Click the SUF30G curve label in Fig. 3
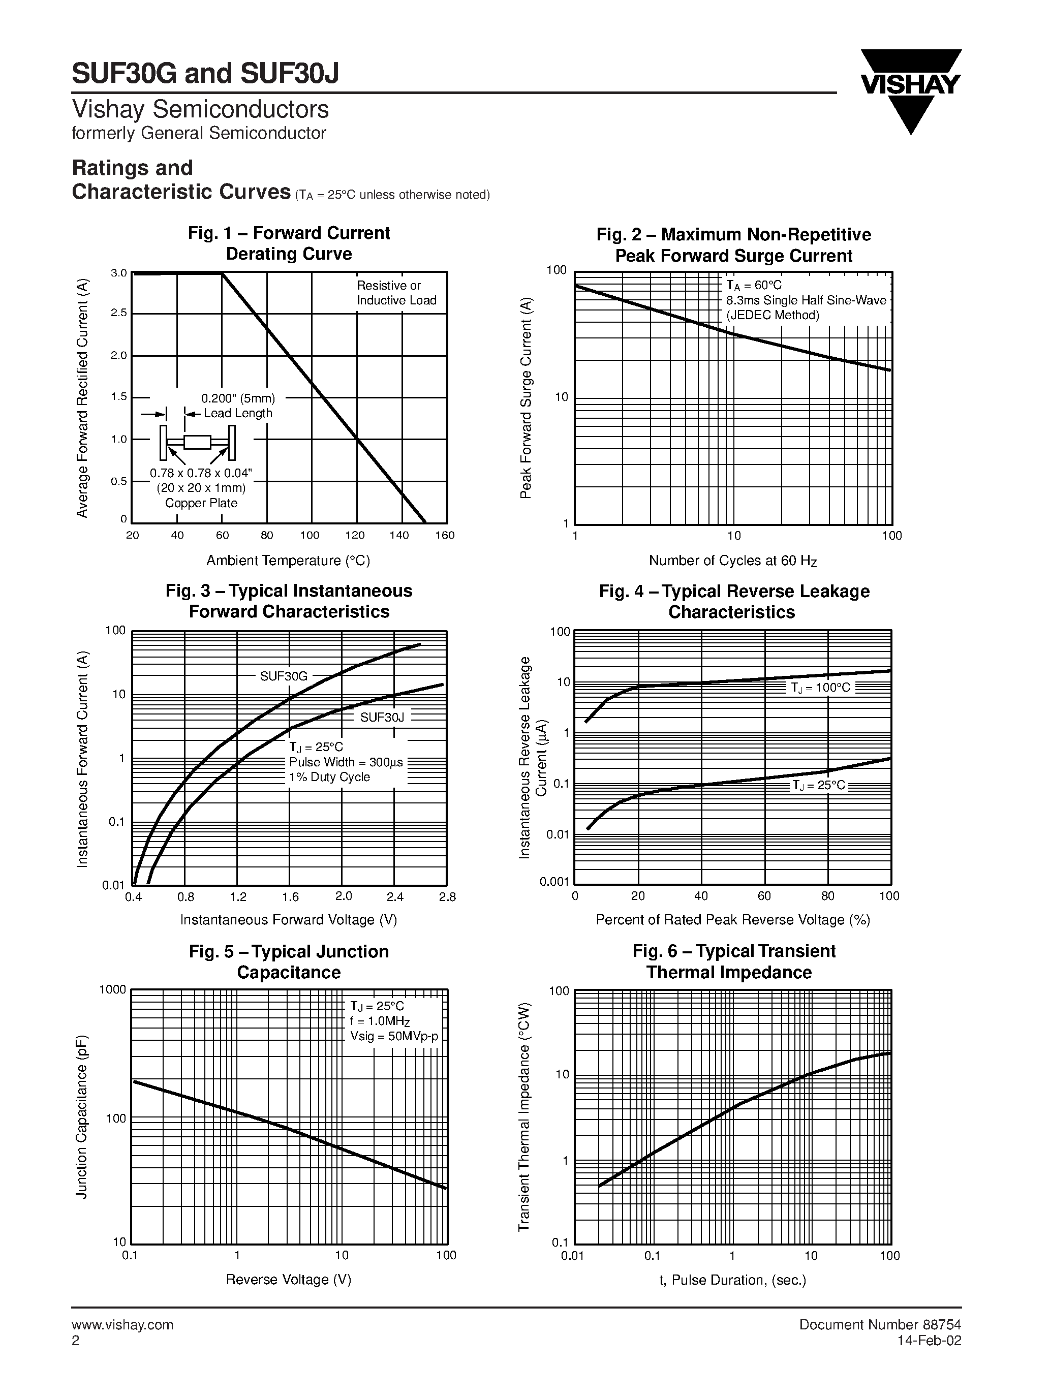coord(284,676)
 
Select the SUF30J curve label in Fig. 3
coord(381,717)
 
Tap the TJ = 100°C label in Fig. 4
coord(820,688)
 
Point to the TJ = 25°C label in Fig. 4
coord(818,786)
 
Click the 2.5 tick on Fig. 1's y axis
coord(119,313)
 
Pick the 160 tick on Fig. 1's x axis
coord(445,536)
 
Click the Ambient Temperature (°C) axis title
coord(289,561)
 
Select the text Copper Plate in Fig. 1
coord(201,504)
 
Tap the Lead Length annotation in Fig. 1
coord(238,414)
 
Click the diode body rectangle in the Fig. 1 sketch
coord(197,442)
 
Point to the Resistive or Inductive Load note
coord(396,293)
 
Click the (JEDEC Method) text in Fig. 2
coord(773,316)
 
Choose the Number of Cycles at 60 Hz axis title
coord(733,561)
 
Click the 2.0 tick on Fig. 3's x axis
coord(344,896)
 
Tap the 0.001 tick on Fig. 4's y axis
coord(554,882)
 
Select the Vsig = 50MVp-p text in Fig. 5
coord(394,1037)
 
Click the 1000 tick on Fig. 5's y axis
coord(113,990)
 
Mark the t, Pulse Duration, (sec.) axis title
coord(732,1280)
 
